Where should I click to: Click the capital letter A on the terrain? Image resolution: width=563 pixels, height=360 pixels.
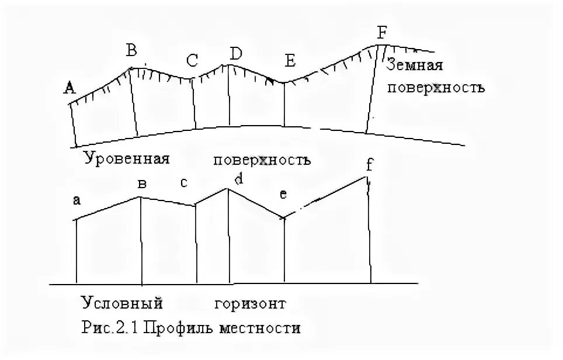70,88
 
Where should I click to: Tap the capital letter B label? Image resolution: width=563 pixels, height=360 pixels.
131,51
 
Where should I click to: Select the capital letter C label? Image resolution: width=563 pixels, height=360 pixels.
192,60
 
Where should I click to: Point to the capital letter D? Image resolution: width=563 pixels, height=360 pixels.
235,54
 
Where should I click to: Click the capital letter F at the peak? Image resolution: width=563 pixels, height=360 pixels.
381,33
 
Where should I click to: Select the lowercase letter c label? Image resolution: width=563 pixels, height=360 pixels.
183,183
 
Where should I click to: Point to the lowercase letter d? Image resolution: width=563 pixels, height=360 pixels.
238,179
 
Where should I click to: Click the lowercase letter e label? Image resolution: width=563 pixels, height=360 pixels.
283,195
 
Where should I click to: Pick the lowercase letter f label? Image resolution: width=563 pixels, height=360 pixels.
369,165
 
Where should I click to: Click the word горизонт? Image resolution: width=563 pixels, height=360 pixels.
249,304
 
